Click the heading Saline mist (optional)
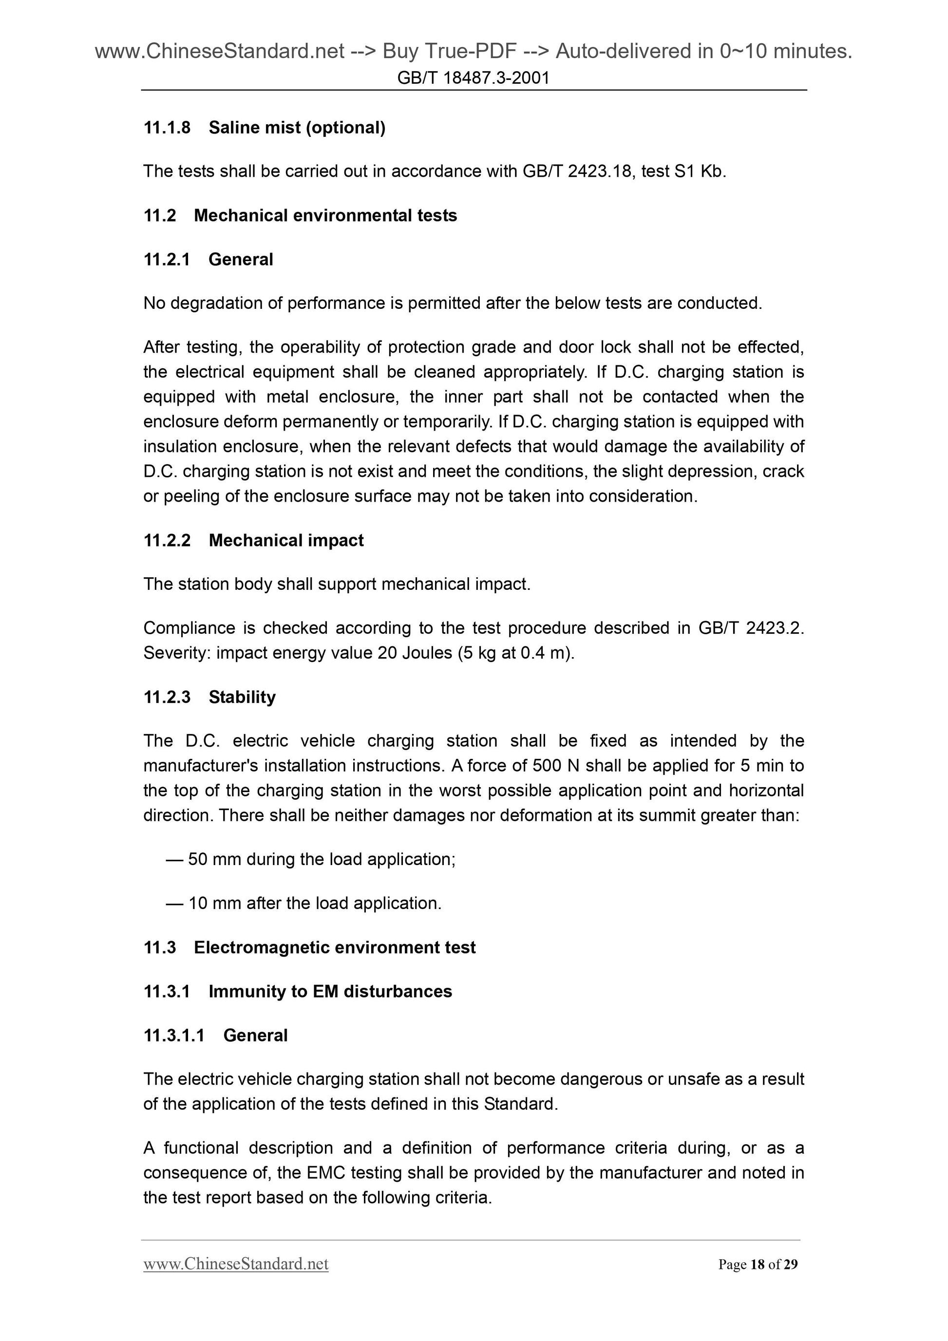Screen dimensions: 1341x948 click(x=297, y=127)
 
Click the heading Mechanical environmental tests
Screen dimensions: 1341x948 click(x=325, y=215)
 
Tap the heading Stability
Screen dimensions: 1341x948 click(x=242, y=697)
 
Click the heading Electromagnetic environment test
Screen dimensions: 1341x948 click(x=335, y=947)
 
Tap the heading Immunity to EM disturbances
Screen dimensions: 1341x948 click(x=330, y=991)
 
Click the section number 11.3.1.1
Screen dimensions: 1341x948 click(x=174, y=1035)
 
